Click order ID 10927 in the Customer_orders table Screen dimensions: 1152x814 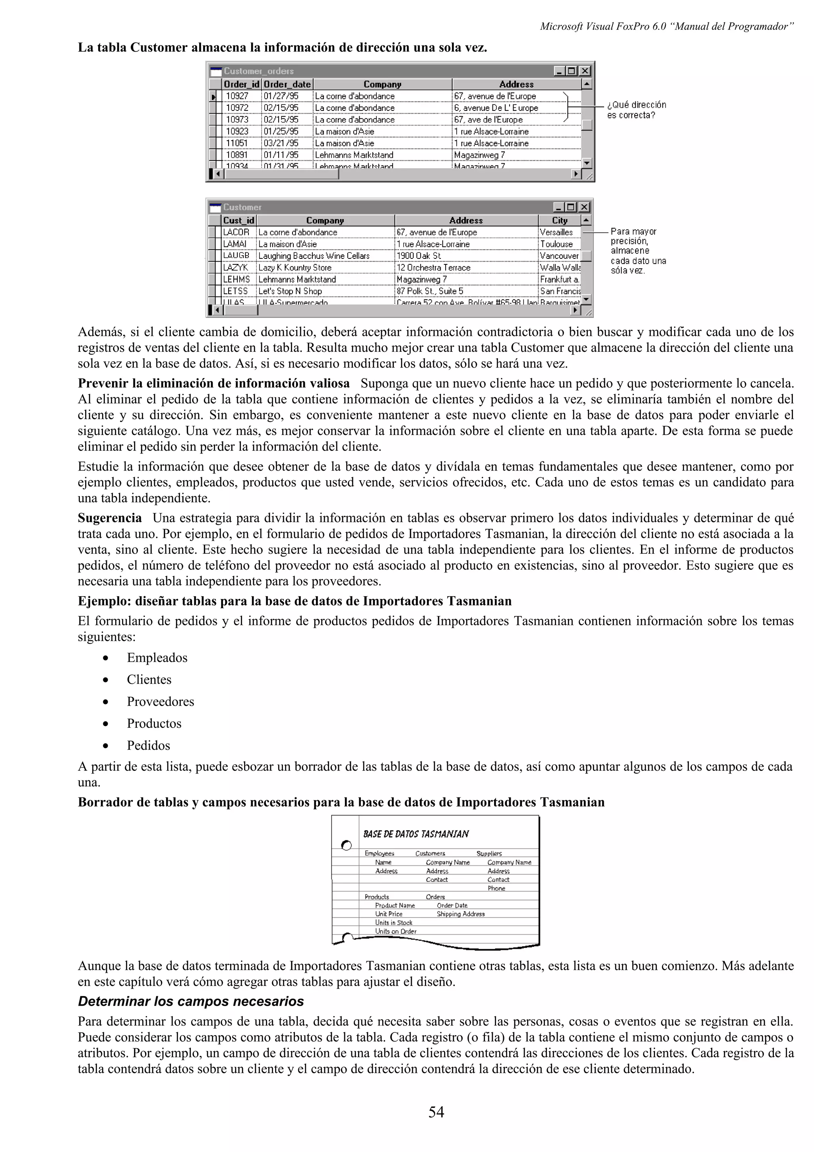(237, 96)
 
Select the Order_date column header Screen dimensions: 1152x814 (287, 84)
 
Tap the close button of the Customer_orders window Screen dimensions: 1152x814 (585, 71)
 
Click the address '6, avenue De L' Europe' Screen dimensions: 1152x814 (496, 108)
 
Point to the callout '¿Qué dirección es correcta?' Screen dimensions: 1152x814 (636, 110)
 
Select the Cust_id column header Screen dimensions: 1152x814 (239, 220)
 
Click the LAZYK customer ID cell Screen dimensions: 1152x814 (235, 268)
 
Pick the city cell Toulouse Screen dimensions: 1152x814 (556, 244)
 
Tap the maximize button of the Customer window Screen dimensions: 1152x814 (571, 207)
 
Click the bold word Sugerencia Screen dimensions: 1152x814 (109, 518)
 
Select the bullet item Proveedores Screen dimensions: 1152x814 (160, 702)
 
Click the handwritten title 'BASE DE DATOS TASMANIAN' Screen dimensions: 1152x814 (416, 834)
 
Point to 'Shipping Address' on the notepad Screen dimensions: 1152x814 (460, 913)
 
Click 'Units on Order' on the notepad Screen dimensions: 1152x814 (396, 931)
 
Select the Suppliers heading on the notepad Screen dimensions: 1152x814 (489, 853)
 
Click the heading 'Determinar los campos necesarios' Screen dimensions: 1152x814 (191, 1001)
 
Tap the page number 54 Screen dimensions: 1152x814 (436, 1112)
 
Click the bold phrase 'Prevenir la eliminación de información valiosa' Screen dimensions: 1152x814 (214, 383)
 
